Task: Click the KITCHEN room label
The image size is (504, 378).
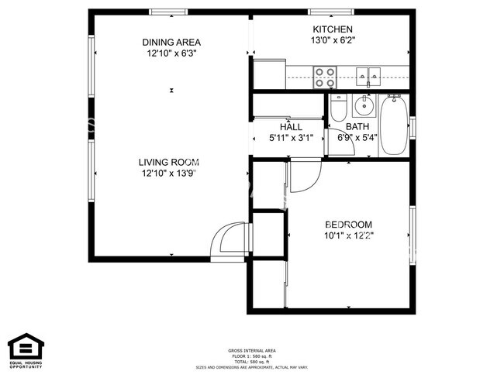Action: pyautogui.click(x=333, y=28)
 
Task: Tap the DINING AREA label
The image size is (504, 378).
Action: pyautogui.click(x=171, y=42)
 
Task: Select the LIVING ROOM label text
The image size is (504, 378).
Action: pyautogui.click(x=169, y=162)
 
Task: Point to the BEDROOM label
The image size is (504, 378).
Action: pyautogui.click(x=348, y=224)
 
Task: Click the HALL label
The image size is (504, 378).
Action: pyautogui.click(x=292, y=127)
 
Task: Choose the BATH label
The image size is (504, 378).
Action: pyautogui.click(x=357, y=127)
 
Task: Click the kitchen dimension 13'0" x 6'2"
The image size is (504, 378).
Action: pyautogui.click(x=333, y=40)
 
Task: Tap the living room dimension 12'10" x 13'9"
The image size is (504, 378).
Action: pyautogui.click(x=169, y=174)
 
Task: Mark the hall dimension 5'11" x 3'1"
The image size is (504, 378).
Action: pyautogui.click(x=291, y=139)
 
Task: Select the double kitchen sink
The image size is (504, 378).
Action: pyautogui.click(x=369, y=76)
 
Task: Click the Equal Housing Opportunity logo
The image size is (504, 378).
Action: pyautogui.click(x=24, y=349)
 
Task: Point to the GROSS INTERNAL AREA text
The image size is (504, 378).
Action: pyautogui.click(x=251, y=349)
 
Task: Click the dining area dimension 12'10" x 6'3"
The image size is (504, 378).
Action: pyautogui.click(x=171, y=53)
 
